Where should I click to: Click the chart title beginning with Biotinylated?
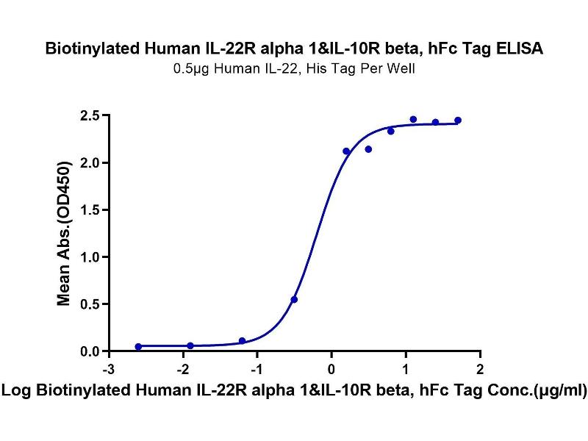294,49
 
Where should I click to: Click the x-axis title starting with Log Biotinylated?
294,392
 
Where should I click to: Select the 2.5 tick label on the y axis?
90,115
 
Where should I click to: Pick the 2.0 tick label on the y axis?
90,162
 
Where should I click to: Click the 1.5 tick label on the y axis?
90,209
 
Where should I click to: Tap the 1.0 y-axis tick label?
90,257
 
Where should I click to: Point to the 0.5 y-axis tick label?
90,304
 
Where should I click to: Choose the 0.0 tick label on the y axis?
90,351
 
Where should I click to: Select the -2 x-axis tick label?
182,367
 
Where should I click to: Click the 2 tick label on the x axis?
480,367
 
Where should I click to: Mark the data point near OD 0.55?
294,299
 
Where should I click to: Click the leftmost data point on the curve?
138,346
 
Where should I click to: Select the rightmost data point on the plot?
458,120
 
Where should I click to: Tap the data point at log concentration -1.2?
242,341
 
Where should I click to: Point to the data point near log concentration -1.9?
190,345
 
